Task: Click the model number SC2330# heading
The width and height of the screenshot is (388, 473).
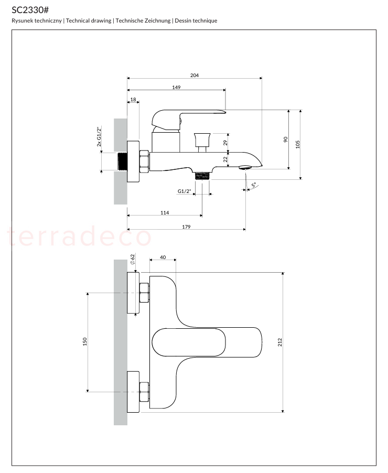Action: tap(30, 10)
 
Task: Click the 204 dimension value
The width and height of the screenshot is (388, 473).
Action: tap(195, 75)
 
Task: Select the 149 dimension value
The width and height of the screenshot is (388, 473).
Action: tap(177, 87)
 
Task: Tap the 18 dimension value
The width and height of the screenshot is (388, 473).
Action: tap(133, 99)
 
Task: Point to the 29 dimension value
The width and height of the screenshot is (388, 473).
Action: tap(225, 143)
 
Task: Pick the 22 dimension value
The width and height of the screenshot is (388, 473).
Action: tap(225, 159)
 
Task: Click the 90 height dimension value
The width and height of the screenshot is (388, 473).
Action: tap(286, 139)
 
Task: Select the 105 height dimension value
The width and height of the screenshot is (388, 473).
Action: tap(298, 144)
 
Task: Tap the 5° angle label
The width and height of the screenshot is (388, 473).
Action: tap(254, 185)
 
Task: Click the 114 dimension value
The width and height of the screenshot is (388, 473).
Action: tap(165, 213)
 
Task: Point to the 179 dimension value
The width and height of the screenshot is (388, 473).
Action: tap(187, 227)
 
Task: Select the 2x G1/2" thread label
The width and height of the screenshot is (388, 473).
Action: tap(99, 137)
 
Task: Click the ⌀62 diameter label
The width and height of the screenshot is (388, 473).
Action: tap(132, 260)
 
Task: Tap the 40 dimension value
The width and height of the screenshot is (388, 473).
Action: tap(163, 257)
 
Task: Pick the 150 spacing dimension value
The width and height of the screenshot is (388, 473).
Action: tap(85, 341)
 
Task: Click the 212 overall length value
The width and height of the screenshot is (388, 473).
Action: tap(280, 342)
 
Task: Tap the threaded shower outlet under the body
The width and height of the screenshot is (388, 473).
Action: tap(202, 176)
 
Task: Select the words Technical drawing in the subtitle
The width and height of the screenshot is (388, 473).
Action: tap(89, 20)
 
